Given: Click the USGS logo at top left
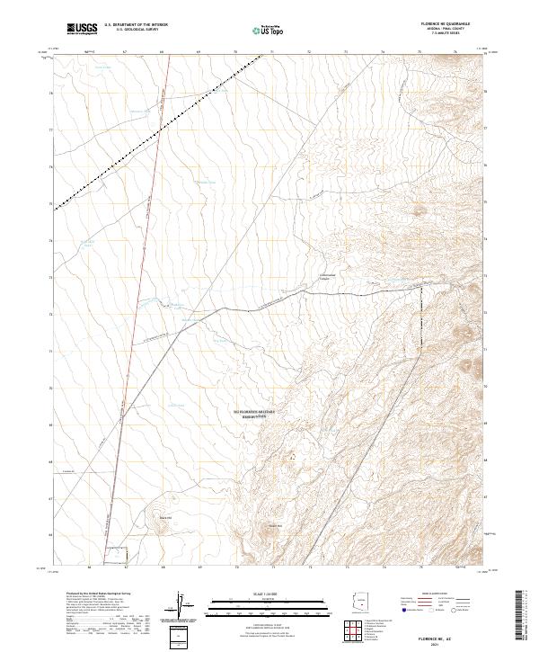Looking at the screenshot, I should tap(83, 29).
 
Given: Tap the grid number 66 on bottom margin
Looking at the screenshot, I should tap(90, 568).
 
